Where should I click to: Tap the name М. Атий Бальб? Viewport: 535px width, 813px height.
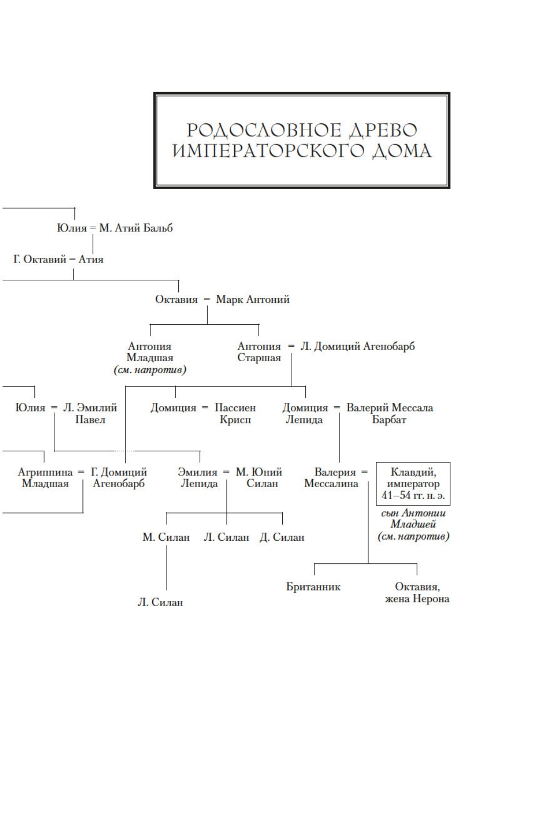pyautogui.click(x=136, y=228)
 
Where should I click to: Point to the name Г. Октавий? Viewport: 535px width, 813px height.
pyautogui.click(x=40, y=259)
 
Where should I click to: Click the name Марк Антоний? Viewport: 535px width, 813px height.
pyautogui.click(x=253, y=300)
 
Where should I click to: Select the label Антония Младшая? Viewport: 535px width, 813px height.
pyautogui.click(x=150, y=352)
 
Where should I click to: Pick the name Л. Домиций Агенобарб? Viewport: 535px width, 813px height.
pyautogui.click(x=357, y=346)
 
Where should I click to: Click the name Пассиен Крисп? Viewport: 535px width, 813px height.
pyautogui.click(x=235, y=414)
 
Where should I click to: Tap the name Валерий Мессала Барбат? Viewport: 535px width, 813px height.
pyautogui.click(x=389, y=414)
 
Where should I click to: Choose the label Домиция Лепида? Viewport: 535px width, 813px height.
pyautogui.click(x=305, y=414)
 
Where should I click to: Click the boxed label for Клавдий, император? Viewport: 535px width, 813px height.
pyautogui.click(x=413, y=484)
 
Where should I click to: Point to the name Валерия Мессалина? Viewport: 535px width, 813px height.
pyautogui.click(x=332, y=478)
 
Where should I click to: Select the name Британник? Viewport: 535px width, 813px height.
pyautogui.click(x=313, y=587)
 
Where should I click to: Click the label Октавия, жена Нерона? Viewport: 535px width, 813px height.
pyautogui.click(x=417, y=593)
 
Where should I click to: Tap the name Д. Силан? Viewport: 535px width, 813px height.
pyautogui.click(x=282, y=537)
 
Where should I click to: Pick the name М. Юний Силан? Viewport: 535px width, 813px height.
pyautogui.click(x=260, y=478)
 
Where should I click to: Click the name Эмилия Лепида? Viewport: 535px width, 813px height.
pyautogui.click(x=198, y=478)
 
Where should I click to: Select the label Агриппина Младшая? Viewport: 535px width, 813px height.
pyautogui.click(x=45, y=478)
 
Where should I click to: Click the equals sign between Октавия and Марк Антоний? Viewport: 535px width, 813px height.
pyautogui.click(x=207, y=300)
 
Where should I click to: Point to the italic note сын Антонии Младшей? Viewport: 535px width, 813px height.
pyautogui.click(x=413, y=519)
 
